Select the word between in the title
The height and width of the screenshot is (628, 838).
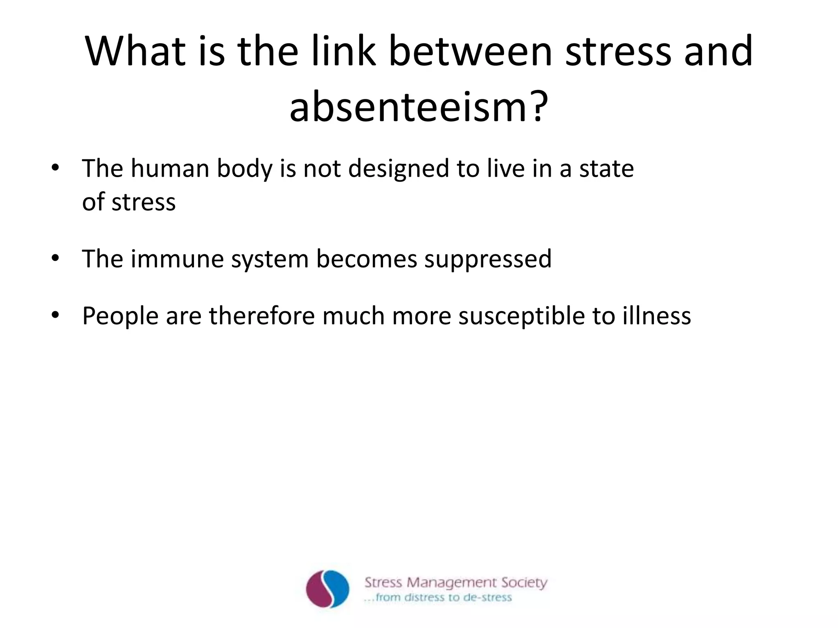(x=470, y=52)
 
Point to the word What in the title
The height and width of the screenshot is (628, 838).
(x=135, y=52)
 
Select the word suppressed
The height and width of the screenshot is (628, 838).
(x=488, y=259)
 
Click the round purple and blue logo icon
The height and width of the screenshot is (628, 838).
(x=328, y=589)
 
